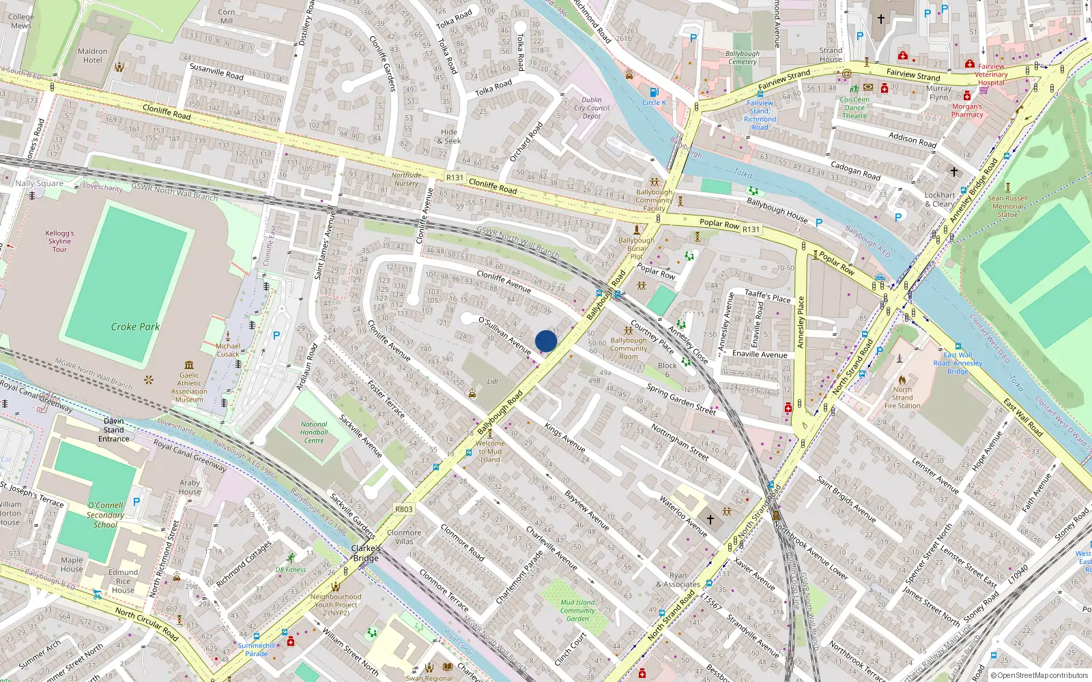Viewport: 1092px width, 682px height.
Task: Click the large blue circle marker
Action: (x=546, y=341)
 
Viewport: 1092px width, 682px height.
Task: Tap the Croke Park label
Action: (x=135, y=327)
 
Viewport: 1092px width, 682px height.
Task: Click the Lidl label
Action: (x=492, y=381)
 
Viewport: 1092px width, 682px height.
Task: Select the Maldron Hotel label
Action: (x=93, y=55)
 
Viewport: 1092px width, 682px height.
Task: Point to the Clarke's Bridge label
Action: (x=366, y=553)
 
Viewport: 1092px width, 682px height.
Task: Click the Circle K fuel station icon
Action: (x=654, y=92)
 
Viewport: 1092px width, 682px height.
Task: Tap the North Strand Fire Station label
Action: (x=902, y=398)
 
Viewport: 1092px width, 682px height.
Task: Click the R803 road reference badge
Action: (x=404, y=509)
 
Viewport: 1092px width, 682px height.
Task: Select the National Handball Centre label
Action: (x=314, y=432)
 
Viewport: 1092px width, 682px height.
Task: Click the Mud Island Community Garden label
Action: (x=577, y=610)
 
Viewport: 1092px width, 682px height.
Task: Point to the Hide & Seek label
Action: (x=449, y=136)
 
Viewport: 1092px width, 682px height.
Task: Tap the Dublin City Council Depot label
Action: (x=592, y=108)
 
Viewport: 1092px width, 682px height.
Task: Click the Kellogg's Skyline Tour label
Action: (x=59, y=241)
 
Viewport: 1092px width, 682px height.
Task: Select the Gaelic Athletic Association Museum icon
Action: (x=189, y=365)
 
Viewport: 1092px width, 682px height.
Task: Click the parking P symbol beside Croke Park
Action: (x=276, y=336)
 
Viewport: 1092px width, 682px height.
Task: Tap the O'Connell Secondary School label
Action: (x=105, y=515)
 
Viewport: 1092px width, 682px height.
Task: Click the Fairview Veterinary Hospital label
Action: (x=991, y=74)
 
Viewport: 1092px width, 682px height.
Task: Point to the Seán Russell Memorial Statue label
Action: (x=1007, y=206)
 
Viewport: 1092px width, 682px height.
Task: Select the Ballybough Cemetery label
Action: (x=743, y=57)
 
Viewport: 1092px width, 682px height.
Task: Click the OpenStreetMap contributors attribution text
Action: (x=1041, y=675)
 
